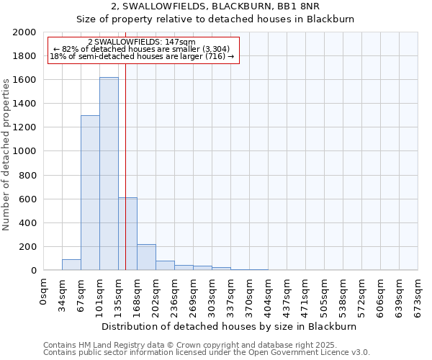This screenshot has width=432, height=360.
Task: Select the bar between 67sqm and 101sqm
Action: click(90, 193)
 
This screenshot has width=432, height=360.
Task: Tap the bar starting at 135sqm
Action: click(127, 234)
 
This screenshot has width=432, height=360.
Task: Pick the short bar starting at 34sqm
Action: click(71, 265)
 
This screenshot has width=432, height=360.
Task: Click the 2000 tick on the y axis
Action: click(25, 32)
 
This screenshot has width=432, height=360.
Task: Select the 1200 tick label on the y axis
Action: click(25, 127)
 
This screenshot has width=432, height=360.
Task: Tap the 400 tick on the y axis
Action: click(28, 223)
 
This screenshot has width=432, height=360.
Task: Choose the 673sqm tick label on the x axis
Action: click(418, 295)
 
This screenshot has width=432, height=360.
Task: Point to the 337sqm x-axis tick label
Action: click(231, 295)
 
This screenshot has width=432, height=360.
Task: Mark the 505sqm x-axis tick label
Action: click(325, 295)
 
